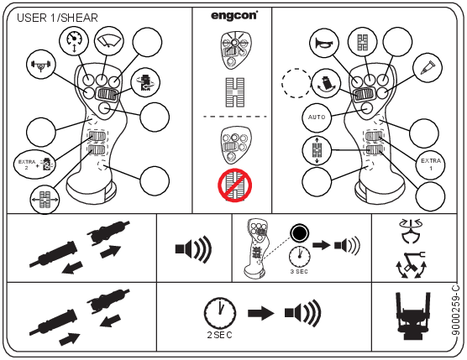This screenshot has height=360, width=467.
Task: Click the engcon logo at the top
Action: point(234,15)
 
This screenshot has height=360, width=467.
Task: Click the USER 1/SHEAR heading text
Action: point(57,18)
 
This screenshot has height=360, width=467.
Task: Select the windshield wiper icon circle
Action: point(108,41)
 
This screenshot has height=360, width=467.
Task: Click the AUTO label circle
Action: point(317,117)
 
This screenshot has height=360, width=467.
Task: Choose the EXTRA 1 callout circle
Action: point(431,164)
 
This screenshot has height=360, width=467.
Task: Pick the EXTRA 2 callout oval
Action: point(34,164)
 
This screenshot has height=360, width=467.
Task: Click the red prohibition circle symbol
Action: point(234,185)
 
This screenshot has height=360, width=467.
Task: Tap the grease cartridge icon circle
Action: point(428,67)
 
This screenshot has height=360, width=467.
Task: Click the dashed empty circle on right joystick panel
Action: point(296,83)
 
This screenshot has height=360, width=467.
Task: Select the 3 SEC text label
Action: point(299,271)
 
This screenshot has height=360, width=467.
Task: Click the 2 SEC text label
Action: point(219,335)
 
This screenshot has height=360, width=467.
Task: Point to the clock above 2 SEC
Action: point(220,312)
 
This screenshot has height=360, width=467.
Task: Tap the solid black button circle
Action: point(299,233)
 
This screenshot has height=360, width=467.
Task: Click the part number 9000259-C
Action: point(456,310)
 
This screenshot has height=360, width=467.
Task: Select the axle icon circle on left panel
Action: point(41,65)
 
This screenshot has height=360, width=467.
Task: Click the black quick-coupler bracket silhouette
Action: point(413,316)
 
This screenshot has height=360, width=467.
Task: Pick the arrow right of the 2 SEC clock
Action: point(261,313)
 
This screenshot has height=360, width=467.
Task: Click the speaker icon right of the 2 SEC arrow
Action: point(303,313)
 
